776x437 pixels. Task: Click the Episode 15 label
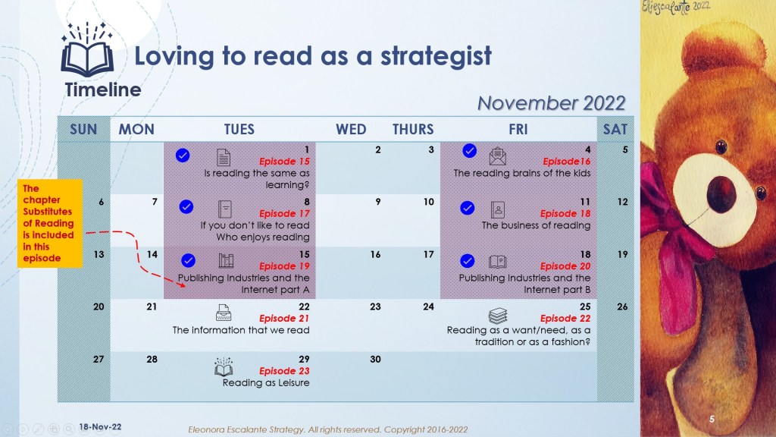pos(284,161)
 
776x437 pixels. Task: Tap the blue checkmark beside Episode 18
pos(467,208)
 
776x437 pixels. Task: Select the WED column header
pos(351,129)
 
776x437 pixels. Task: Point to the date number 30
pos(375,359)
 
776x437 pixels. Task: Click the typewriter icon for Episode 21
pos(224,313)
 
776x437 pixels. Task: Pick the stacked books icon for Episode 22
pos(497,316)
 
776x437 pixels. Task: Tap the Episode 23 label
pos(284,370)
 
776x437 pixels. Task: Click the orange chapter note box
pos(49,224)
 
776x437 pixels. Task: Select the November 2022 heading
pos(552,103)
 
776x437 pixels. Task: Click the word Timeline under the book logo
pos(103,90)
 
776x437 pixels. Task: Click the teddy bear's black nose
pos(721,193)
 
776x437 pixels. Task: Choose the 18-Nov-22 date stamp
pos(100,426)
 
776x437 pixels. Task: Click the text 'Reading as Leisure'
pos(266,382)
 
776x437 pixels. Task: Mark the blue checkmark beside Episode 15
pos(183,156)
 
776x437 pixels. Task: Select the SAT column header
pos(615,129)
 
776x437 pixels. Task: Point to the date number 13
pos(99,254)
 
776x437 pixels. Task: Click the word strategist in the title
pos(436,56)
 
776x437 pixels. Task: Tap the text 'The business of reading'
pos(536,225)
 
